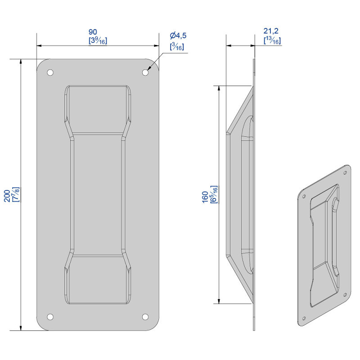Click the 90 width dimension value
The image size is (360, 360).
93,32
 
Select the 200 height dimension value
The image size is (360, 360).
7,196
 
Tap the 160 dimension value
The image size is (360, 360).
205,197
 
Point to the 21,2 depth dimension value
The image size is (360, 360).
271,31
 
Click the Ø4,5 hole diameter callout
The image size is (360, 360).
178,36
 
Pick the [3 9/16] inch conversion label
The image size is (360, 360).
98,40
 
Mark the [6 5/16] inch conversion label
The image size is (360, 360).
214,194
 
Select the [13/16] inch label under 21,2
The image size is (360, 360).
272,40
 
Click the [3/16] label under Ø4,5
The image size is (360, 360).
177,46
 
